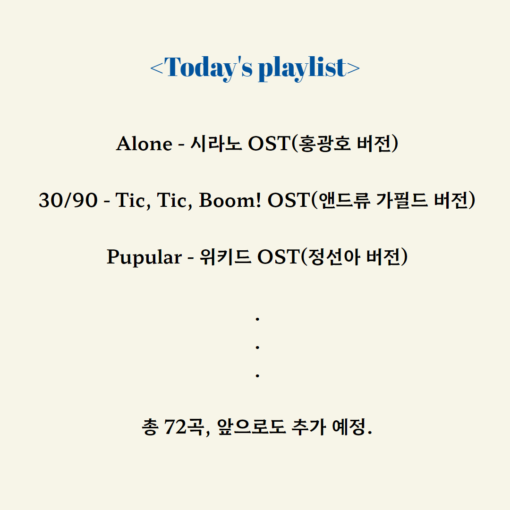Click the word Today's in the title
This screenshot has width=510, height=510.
tap(209, 68)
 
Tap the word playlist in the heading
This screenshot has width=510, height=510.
tap(303, 68)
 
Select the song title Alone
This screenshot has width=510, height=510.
tap(144, 144)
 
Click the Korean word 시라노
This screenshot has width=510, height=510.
tap(216, 144)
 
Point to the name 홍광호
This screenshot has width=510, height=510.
tap(324, 144)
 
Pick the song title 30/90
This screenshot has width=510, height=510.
tap(68, 200)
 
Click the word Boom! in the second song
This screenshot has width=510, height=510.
tap(230, 200)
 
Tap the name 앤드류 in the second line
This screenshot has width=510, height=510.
tap(344, 200)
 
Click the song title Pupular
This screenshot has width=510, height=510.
tap(144, 257)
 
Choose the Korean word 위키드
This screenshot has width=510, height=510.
tap(225, 257)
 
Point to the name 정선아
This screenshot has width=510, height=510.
tap(334, 257)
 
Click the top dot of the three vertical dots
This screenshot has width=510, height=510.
tap(257, 319)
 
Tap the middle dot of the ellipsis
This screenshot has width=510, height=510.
tap(257, 348)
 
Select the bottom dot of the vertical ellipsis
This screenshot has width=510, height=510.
tap(257, 376)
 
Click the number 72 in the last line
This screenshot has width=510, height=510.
tap(176, 427)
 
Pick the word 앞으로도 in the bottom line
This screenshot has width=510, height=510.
tap(251, 427)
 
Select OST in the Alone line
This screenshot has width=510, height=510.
tap(269, 144)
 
